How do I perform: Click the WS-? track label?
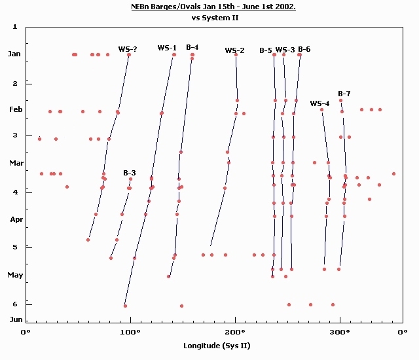pyautogui.click(x=128, y=49)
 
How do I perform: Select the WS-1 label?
pyautogui.click(x=167, y=48)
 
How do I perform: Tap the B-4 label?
pyautogui.click(x=192, y=47)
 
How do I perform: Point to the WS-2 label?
pyautogui.click(x=234, y=50)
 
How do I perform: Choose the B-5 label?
pyautogui.click(x=266, y=50)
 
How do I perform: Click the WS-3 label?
pyautogui.click(x=285, y=50)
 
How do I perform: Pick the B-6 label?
pyautogui.click(x=304, y=49)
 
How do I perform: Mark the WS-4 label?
pyautogui.click(x=319, y=103)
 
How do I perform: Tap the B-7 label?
pyautogui.click(x=344, y=94)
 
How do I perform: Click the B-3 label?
pyautogui.click(x=130, y=173)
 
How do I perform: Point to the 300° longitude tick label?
pyautogui.click(x=340, y=333)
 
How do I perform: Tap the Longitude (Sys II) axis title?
pyautogui.click(x=216, y=345)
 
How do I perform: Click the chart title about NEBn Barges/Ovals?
pyautogui.click(x=215, y=7)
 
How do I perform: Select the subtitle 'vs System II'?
pyautogui.click(x=215, y=18)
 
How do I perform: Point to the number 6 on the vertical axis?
pyautogui.click(x=14, y=304)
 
